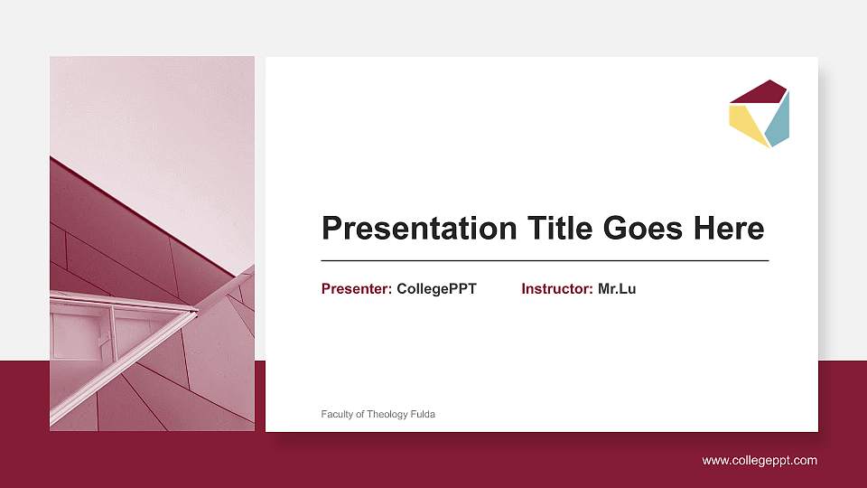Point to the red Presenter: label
pos(357,289)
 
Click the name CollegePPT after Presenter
pos(436,289)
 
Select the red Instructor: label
pos(557,289)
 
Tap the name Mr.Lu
pos(617,289)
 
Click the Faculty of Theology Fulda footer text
pos(378,414)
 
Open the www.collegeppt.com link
pos(760,461)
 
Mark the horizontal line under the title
pos(545,260)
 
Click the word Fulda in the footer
pos(423,414)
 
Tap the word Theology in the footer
pos(387,414)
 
